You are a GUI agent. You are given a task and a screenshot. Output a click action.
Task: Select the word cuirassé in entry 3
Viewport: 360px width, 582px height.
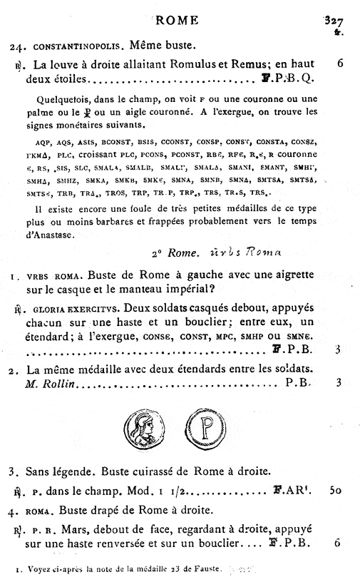[x=161, y=471]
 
